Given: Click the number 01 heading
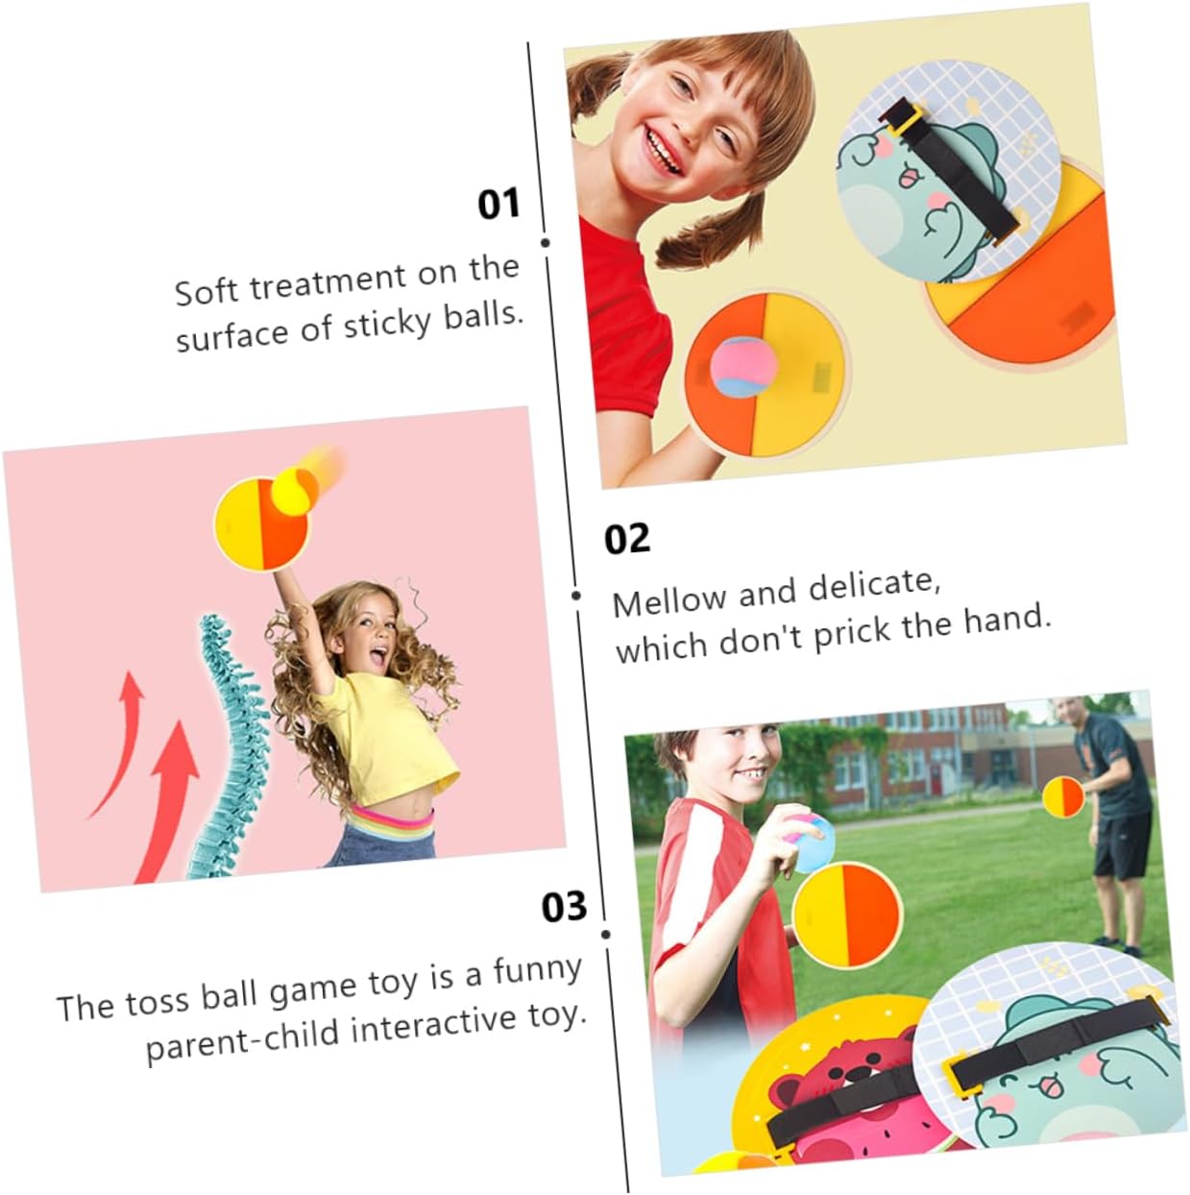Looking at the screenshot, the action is coord(498,204).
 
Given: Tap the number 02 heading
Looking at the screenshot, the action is coord(627,538).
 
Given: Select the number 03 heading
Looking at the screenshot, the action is coord(564,906).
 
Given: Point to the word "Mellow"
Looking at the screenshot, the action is coord(668,600).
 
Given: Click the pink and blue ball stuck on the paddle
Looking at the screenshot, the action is coord(742,367).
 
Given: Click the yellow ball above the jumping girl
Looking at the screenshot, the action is coord(296,491).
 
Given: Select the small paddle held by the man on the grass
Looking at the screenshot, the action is coord(1063,797).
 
